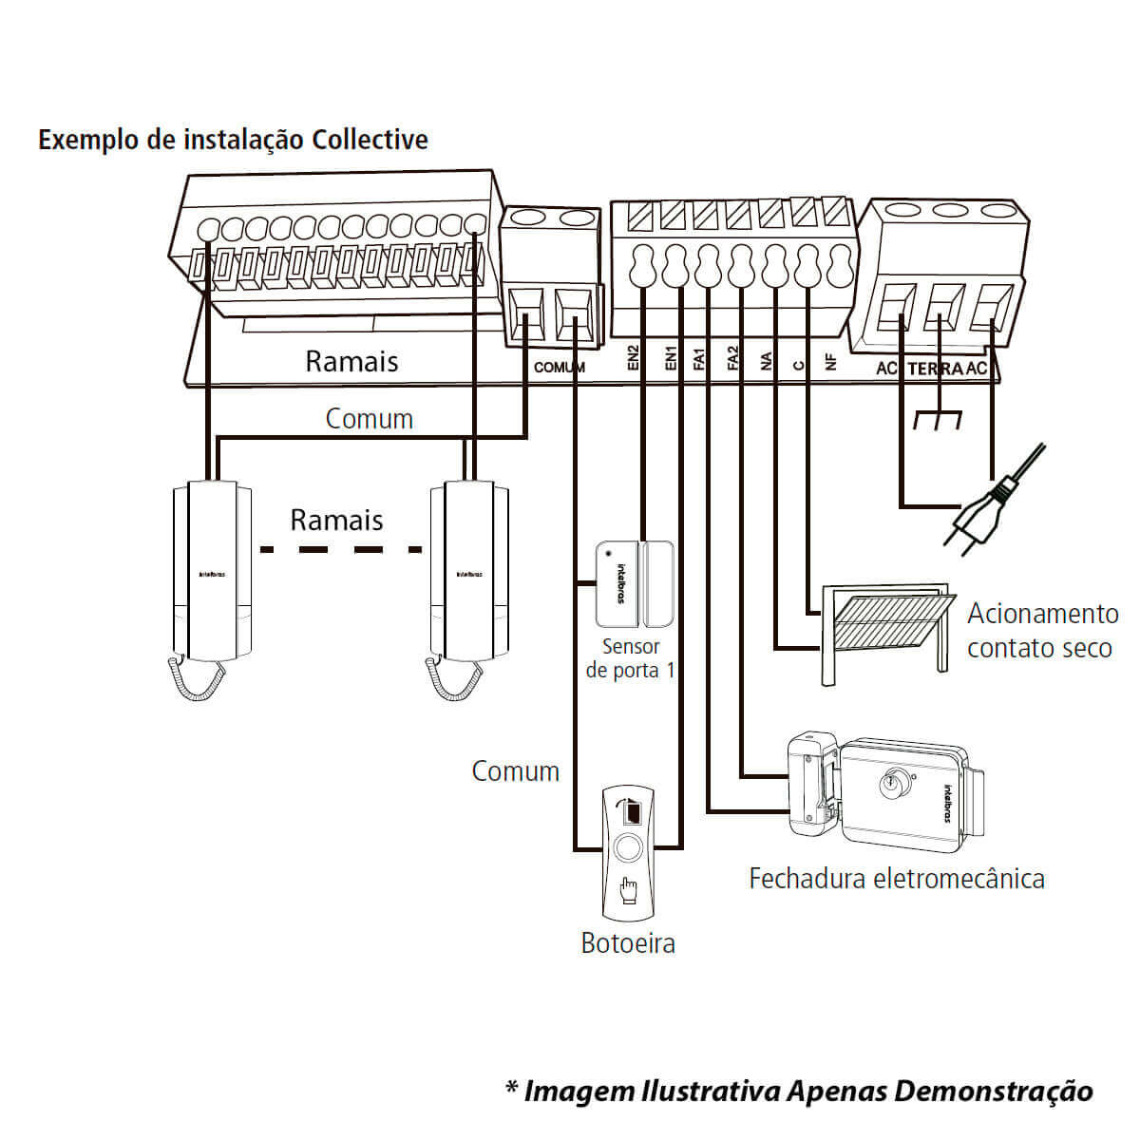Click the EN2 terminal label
point(634,356)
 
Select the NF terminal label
point(831,362)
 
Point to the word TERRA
point(935,369)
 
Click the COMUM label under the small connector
point(560,367)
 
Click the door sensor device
point(635,584)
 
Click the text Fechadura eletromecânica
point(896,878)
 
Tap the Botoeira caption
point(628,943)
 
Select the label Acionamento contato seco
point(1041,631)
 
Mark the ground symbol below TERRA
point(937,418)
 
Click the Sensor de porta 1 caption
point(631,658)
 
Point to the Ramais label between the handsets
point(336,520)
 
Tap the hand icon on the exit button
point(628,890)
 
